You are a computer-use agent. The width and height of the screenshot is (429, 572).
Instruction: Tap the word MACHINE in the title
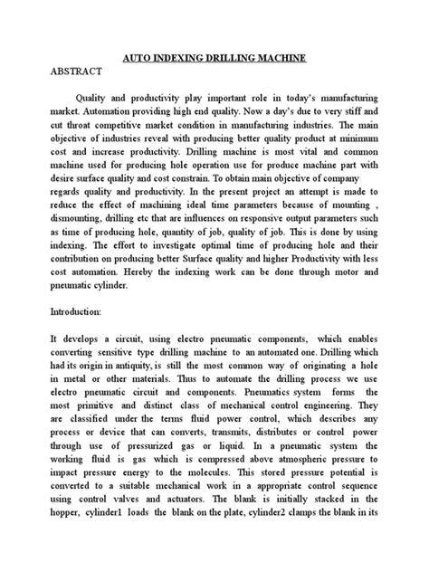point(279,56)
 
